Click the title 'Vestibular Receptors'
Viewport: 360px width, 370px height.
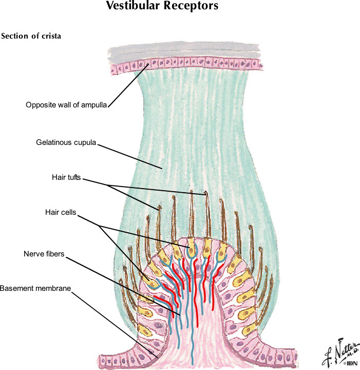(x=162, y=6)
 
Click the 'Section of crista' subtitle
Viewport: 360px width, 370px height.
(x=31, y=36)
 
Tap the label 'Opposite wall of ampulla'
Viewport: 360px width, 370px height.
(x=66, y=105)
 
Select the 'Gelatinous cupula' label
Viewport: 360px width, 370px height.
(x=66, y=142)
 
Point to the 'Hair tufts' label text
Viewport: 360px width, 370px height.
(x=66, y=177)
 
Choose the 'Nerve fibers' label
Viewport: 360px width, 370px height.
(x=44, y=254)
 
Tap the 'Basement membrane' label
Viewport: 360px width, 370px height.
(x=34, y=288)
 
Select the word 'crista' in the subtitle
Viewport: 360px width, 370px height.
(x=50, y=36)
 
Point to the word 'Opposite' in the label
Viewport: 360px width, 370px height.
(x=39, y=105)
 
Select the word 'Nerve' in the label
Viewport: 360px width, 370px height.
(x=33, y=254)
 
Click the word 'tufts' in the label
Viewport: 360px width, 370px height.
(x=74, y=177)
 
